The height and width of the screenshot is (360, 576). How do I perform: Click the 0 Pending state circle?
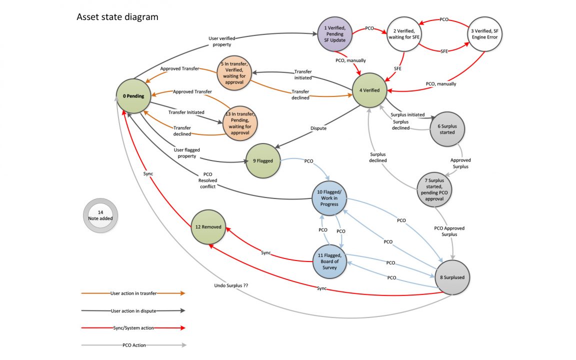click(132, 96)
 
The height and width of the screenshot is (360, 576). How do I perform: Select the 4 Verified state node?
click(369, 90)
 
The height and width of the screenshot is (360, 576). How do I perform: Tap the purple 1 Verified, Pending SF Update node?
click(334, 33)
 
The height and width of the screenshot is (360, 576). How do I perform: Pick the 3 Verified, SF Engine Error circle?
click(484, 33)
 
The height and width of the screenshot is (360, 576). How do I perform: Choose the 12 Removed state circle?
click(208, 227)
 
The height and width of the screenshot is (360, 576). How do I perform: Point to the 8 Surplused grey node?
click(453, 276)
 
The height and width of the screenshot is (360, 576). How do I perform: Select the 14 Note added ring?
click(100, 215)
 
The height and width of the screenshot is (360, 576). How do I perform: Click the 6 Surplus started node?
click(447, 129)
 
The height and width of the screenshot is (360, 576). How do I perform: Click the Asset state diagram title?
click(117, 17)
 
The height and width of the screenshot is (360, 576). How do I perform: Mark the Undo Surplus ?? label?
click(231, 285)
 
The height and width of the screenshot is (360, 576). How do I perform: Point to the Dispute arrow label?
click(318, 128)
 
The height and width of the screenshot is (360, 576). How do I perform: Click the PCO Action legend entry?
click(133, 345)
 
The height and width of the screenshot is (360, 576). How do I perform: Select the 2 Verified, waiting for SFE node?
click(403, 33)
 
